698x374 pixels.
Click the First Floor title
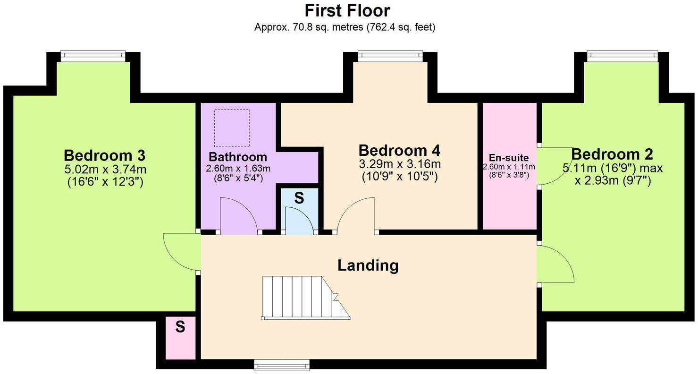[x=347, y=10]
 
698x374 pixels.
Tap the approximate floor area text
[x=345, y=27]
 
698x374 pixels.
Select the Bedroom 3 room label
[x=104, y=155]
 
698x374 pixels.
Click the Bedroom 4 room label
[x=399, y=151]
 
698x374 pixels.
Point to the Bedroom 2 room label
[x=612, y=154]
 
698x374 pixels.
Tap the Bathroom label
[x=238, y=157]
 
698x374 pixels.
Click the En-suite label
[x=509, y=158]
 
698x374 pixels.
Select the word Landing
[x=368, y=265]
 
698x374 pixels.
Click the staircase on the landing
[x=305, y=297]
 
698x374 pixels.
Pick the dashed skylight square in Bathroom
[x=232, y=128]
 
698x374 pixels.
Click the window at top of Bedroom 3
[x=93, y=56]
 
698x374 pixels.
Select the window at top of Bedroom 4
[x=390, y=56]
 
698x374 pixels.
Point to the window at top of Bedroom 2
[x=622, y=56]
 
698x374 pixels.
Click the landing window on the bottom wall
[x=282, y=364]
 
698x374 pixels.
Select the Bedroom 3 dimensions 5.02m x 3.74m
[x=105, y=169]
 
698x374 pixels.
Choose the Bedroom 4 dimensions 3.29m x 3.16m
[x=399, y=164]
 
